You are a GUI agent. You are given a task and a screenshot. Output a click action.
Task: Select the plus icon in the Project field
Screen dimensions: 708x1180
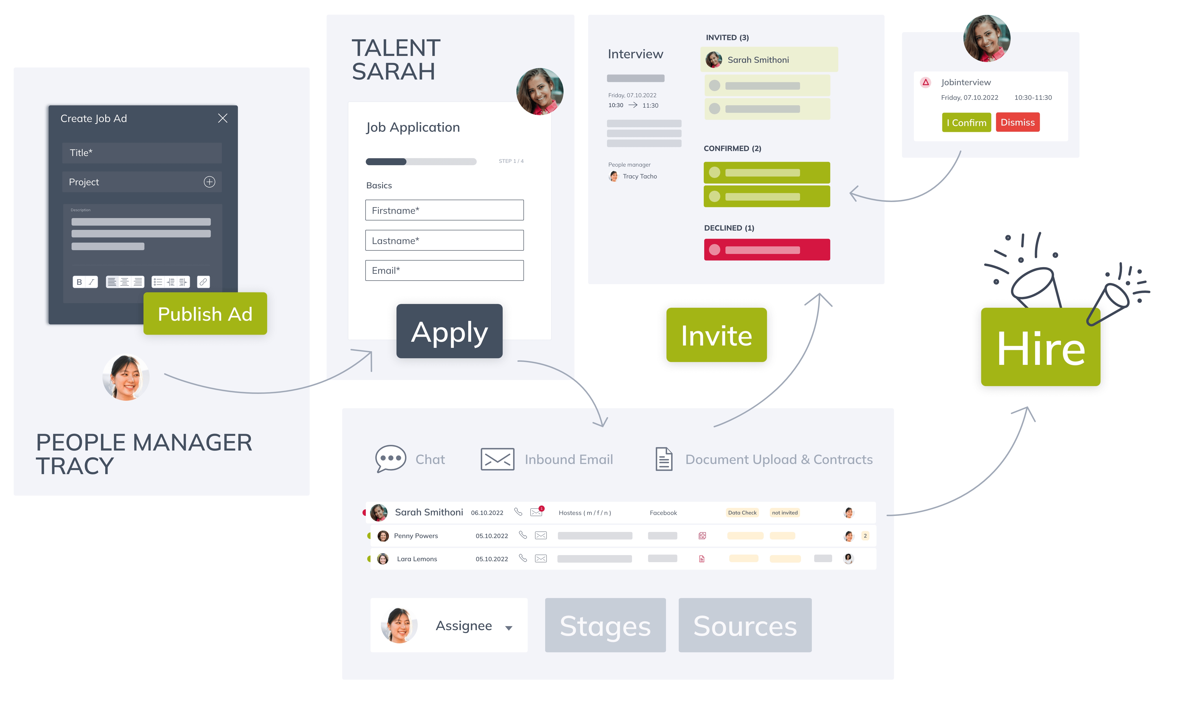pyautogui.click(x=209, y=182)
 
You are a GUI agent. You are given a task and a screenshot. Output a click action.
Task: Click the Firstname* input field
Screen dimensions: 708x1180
pyautogui.click(x=444, y=211)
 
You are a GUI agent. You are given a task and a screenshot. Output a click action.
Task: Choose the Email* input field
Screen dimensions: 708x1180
pyautogui.click(x=444, y=270)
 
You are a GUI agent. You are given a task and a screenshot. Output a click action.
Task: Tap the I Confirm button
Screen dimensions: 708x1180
pyautogui.click(x=966, y=123)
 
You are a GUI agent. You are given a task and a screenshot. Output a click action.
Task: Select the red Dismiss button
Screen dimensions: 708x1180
pyautogui.click(x=1017, y=123)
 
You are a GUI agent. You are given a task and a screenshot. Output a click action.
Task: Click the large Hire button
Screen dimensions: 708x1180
pyautogui.click(x=1040, y=347)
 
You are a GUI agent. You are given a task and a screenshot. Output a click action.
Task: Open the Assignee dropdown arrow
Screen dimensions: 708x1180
pyautogui.click(x=509, y=628)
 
